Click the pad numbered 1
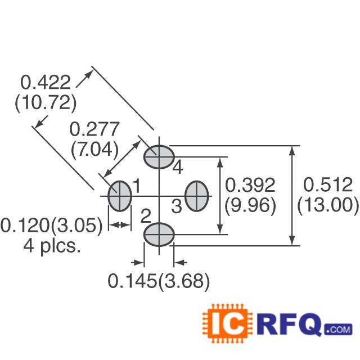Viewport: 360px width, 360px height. [119, 196]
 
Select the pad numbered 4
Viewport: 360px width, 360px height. [159, 156]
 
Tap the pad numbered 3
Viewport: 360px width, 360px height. [197, 196]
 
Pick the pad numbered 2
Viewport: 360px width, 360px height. [159, 234]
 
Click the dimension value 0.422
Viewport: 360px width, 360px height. [46, 83]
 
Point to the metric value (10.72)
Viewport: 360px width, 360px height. [45, 103]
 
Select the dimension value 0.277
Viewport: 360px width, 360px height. [94, 129]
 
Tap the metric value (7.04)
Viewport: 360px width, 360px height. [94, 149]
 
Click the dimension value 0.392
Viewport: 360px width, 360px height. [250, 185]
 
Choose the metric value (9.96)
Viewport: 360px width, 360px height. [250, 205]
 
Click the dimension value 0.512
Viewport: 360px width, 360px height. [328, 185]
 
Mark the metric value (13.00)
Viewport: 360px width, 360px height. [328, 205]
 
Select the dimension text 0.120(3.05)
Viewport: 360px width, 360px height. [52, 226]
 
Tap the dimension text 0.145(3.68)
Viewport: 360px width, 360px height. [159, 281]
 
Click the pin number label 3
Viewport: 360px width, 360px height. [176, 207]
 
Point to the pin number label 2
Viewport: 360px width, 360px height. [145, 215]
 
